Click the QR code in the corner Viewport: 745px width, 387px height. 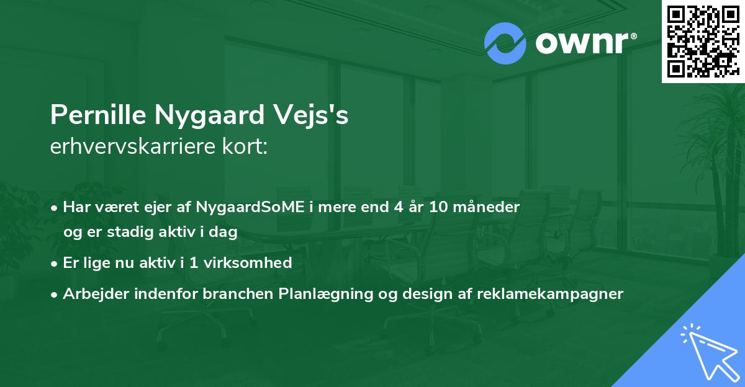[x=703, y=41]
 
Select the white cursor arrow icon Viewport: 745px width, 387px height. [x=708, y=350]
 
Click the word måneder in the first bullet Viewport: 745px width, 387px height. [x=489, y=207]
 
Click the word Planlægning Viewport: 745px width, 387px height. [x=320, y=294]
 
